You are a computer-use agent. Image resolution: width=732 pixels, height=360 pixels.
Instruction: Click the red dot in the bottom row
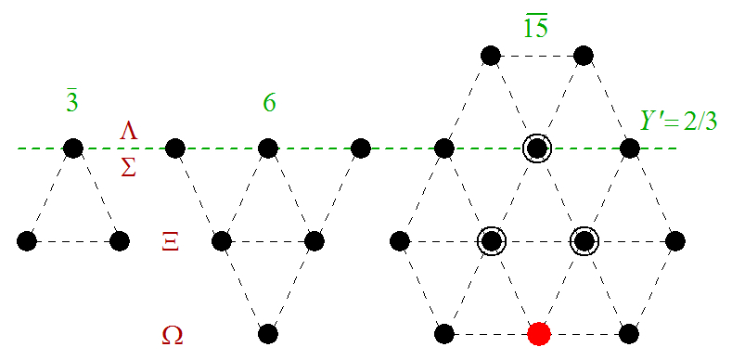(x=537, y=333)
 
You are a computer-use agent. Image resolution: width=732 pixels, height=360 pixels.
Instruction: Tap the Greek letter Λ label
(x=129, y=132)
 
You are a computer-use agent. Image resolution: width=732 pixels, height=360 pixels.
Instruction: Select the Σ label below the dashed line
(x=129, y=166)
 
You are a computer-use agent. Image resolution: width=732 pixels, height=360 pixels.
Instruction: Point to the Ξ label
(x=170, y=243)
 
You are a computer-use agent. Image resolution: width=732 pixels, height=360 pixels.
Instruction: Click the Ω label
(x=172, y=334)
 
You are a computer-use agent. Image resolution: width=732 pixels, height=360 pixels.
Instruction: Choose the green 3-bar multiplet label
(x=72, y=102)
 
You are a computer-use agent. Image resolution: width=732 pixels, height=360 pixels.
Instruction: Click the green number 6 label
(x=268, y=102)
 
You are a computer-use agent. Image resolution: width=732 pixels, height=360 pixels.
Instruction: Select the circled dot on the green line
(x=536, y=148)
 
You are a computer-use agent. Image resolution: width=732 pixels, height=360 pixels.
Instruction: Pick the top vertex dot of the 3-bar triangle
(x=72, y=148)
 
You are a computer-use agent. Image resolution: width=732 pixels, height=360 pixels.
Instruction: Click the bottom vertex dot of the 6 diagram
(x=268, y=333)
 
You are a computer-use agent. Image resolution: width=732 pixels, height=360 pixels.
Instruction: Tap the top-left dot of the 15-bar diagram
(x=490, y=56)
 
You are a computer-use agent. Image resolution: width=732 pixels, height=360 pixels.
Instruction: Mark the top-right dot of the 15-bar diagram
(x=583, y=56)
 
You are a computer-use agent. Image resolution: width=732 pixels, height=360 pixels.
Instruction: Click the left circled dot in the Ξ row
(x=490, y=241)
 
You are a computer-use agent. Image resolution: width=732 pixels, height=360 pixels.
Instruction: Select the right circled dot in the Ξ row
(x=583, y=241)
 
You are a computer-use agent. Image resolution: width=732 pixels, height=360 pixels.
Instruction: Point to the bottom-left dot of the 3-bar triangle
(x=26, y=241)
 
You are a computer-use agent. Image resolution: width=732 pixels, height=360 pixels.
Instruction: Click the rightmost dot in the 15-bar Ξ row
(x=675, y=241)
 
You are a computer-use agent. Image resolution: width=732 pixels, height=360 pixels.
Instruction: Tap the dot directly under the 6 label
(x=268, y=148)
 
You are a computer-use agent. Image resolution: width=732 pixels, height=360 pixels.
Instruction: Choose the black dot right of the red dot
(x=629, y=333)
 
